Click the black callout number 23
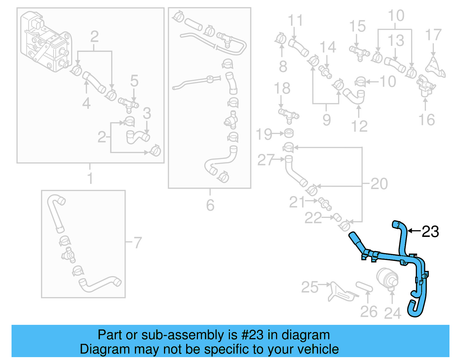pos(430,231)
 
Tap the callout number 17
pos(433,35)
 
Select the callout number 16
pos(426,120)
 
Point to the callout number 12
pos(359,126)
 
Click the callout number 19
pos(264,134)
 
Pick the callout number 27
pos(265,160)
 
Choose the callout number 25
pos(310,287)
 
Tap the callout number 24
pos(392,313)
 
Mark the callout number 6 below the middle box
pos(210,205)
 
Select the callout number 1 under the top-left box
pos(90,178)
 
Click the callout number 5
pos(134,81)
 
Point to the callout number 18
pos(282,88)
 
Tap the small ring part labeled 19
pos(289,133)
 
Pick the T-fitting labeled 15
pos(359,52)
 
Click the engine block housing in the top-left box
pos(46,40)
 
